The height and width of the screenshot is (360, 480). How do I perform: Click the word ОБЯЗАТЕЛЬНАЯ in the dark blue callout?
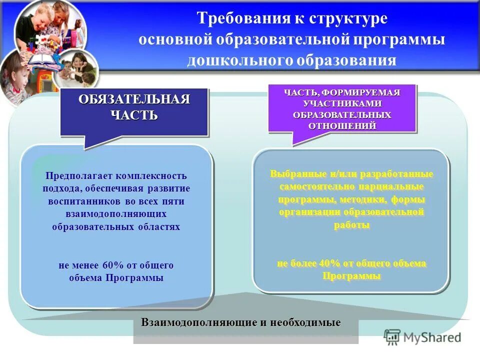(x=134, y=99)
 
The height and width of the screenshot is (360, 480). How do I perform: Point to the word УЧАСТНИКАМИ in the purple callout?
(x=342, y=103)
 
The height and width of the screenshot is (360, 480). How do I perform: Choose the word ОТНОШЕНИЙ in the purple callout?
(x=342, y=125)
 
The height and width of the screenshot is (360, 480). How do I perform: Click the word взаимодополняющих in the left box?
(x=116, y=214)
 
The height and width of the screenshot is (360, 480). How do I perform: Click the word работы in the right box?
(x=351, y=225)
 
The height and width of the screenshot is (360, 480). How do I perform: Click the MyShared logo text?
(x=432, y=337)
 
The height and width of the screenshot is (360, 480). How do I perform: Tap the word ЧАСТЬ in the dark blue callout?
(x=134, y=115)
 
